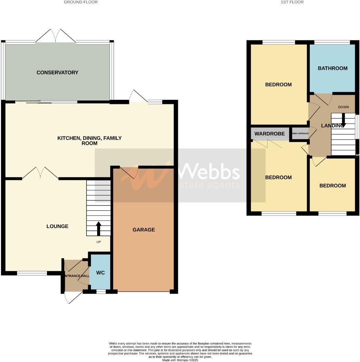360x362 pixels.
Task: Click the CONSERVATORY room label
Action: click(x=57, y=73)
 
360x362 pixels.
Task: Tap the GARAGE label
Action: click(x=144, y=230)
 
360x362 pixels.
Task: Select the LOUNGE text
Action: click(x=57, y=226)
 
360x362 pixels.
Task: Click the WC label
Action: click(x=100, y=273)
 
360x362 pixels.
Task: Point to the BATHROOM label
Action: click(x=332, y=68)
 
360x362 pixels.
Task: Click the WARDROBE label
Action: click(x=270, y=134)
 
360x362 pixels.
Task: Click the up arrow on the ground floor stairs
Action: click(x=99, y=228)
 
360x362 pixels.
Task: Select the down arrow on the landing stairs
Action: click(x=343, y=120)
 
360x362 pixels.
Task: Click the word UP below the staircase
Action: click(x=99, y=242)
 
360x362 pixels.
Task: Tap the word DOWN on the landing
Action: click(x=343, y=107)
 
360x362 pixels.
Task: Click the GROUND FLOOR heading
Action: click(x=81, y=2)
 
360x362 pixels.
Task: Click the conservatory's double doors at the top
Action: click(x=56, y=36)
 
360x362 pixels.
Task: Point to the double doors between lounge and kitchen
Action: click(x=40, y=173)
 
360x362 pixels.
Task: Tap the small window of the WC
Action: click(x=101, y=292)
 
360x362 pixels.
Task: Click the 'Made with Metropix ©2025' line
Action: click(x=180, y=360)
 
